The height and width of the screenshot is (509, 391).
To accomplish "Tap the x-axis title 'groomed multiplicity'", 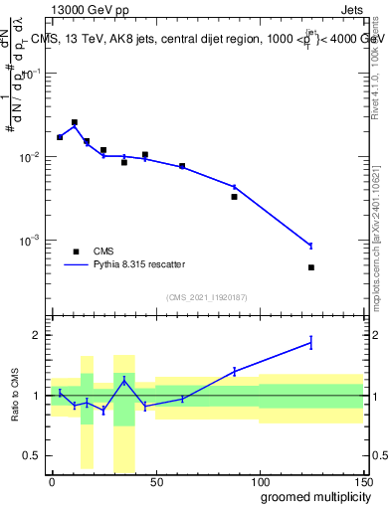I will tap(312, 497).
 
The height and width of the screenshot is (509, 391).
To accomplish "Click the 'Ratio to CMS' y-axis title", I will tap(15, 395).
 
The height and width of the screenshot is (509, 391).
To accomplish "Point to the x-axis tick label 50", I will tap(155, 481).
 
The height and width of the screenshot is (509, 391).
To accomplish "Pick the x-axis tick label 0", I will tap(52, 481).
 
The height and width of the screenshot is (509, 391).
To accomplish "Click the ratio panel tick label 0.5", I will tap(32, 456).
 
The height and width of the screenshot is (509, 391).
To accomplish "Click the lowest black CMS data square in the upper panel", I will tap(311, 267).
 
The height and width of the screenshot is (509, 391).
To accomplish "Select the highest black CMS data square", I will tap(75, 122).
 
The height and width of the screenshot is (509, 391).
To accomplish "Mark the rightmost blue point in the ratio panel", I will tap(311, 342).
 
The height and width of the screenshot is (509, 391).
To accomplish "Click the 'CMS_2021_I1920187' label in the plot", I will tap(206, 296).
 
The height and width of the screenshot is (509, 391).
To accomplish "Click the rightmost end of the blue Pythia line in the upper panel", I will tap(311, 246).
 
